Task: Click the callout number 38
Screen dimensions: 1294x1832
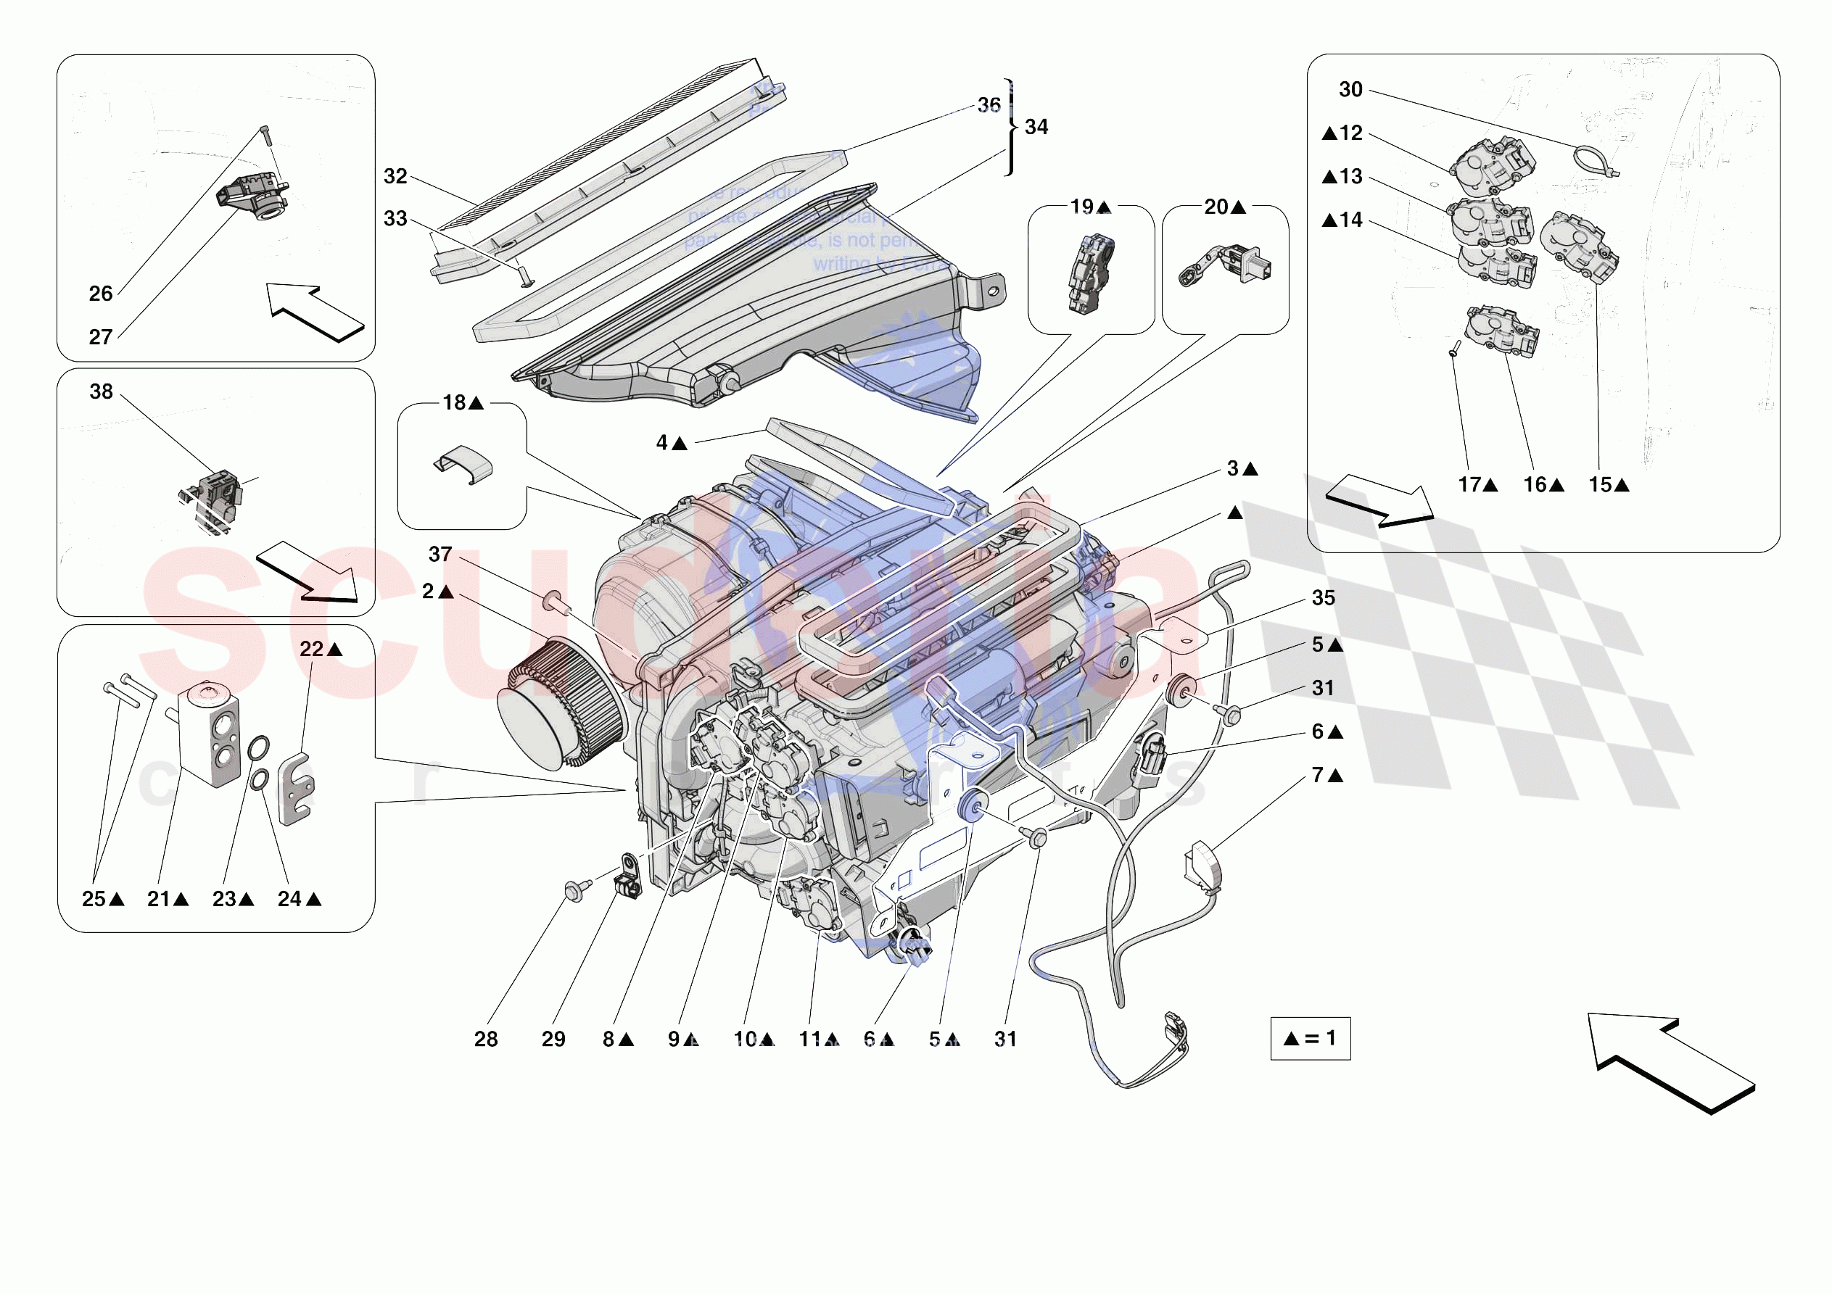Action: click(102, 391)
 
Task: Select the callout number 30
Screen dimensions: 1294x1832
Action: click(1350, 89)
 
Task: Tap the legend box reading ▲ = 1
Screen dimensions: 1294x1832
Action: click(1310, 1038)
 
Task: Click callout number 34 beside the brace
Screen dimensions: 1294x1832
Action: click(1036, 127)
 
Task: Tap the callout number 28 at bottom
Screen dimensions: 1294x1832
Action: click(485, 1039)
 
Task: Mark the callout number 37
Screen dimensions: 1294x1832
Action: click(440, 554)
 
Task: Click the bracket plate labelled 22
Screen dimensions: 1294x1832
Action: click(296, 787)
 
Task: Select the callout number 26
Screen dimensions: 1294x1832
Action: click(101, 294)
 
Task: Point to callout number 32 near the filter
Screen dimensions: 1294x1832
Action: click(396, 176)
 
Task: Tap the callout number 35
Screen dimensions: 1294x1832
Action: click(1323, 597)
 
